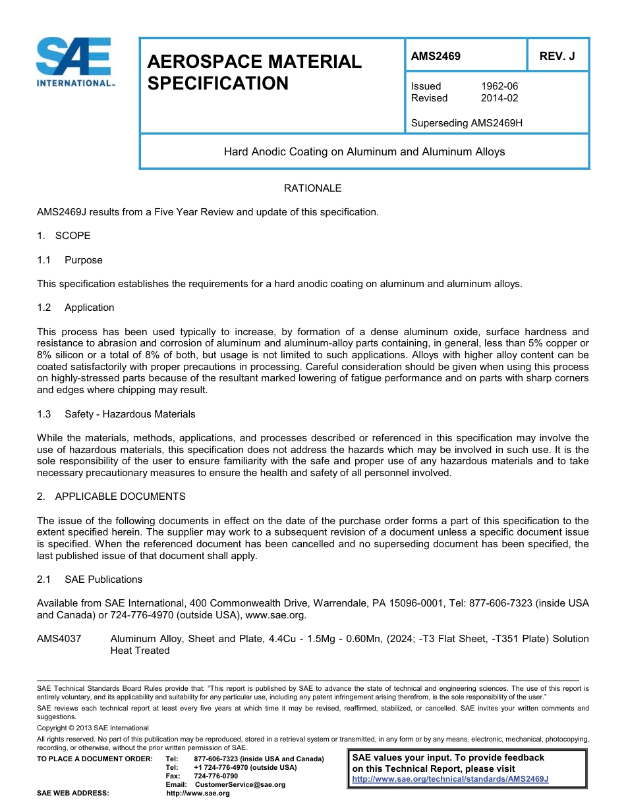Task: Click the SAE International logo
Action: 74,62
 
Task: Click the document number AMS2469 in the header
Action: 436,56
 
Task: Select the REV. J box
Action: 557,56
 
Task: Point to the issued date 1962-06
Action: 499,86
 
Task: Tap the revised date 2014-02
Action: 499,98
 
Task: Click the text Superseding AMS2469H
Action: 467,122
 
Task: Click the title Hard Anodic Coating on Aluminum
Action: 364,151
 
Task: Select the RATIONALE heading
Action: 312,188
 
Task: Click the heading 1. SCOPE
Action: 64,236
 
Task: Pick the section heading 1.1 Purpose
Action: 70,260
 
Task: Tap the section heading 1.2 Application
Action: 76,308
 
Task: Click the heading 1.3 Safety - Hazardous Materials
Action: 116,414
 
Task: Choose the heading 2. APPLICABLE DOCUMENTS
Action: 111,497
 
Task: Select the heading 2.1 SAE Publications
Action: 90,580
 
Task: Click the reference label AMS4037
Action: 59,639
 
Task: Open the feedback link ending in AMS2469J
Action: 450,778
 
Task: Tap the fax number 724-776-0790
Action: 216,776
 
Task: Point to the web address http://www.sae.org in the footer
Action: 198,793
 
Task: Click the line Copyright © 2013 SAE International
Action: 93,728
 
